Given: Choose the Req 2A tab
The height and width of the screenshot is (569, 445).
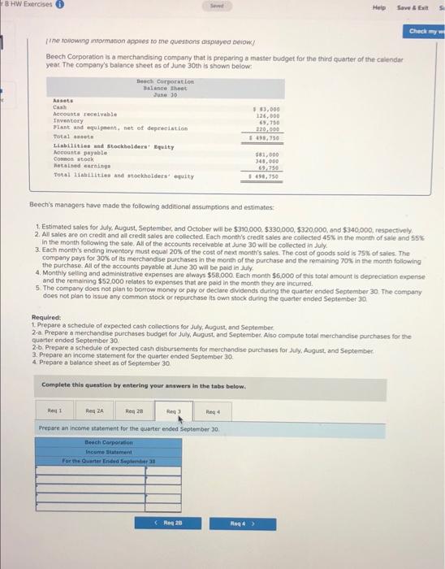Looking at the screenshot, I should point(97,411).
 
